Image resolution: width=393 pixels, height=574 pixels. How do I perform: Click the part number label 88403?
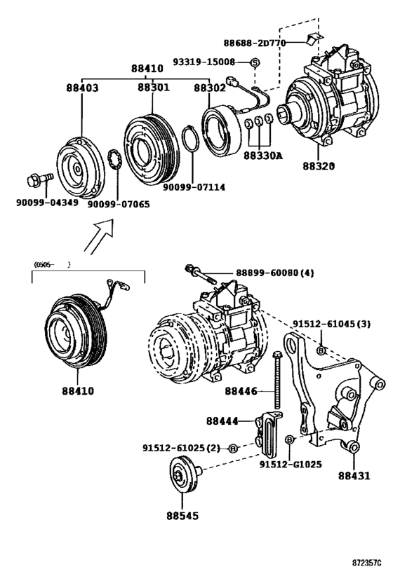pos(82,89)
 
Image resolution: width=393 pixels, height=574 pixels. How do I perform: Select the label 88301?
pos(153,89)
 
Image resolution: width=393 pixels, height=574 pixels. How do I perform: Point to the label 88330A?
pos(264,156)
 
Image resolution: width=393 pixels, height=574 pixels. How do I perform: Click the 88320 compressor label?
pos(319,167)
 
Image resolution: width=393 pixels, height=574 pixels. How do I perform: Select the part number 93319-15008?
pos(215,62)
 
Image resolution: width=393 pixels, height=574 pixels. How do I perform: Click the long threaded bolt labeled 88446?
pos(279,378)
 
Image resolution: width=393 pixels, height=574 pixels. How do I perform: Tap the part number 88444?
pos(222,421)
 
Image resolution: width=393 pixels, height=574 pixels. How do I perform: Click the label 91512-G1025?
pos(291,464)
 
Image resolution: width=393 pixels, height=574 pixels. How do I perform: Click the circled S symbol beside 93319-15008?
pos(255,62)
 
